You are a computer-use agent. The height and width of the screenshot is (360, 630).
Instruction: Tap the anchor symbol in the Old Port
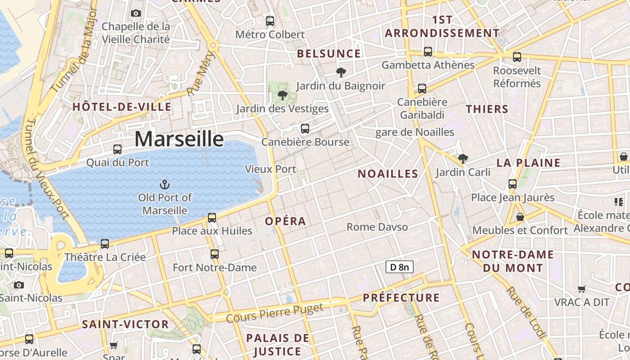[165, 184]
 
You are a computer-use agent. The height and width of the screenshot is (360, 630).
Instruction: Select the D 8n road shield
[399, 267]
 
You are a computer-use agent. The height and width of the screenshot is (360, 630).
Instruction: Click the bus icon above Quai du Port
[117, 149]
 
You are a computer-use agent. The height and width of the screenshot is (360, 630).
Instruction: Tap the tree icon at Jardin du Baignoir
[341, 72]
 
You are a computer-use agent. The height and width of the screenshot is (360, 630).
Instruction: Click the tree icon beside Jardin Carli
[463, 158]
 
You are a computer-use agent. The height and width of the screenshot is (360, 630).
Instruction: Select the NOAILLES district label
[388, 174]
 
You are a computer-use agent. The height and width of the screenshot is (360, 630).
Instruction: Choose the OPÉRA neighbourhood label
[285, 221]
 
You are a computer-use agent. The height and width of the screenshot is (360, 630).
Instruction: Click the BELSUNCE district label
[329, 54]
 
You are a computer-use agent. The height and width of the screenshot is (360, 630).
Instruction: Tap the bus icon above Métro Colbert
[270, 21]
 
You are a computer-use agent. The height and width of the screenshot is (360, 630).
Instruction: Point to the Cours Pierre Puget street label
[274, 313]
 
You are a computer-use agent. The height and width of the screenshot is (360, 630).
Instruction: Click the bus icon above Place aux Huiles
[212, 218]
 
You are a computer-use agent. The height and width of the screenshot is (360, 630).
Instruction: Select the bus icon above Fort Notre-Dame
[215, 254]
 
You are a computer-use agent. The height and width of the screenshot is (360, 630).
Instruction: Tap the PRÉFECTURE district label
[401, 297]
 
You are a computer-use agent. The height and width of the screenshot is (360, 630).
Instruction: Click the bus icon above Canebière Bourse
[305, 129]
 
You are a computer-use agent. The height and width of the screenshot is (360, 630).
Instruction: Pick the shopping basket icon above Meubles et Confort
[520, 217]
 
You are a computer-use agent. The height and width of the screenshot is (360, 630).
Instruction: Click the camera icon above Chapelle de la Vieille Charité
[136, 13]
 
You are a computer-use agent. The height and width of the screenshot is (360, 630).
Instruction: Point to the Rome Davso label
[377, 227]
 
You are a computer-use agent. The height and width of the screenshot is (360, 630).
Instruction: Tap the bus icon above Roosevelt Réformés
[517, 57]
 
